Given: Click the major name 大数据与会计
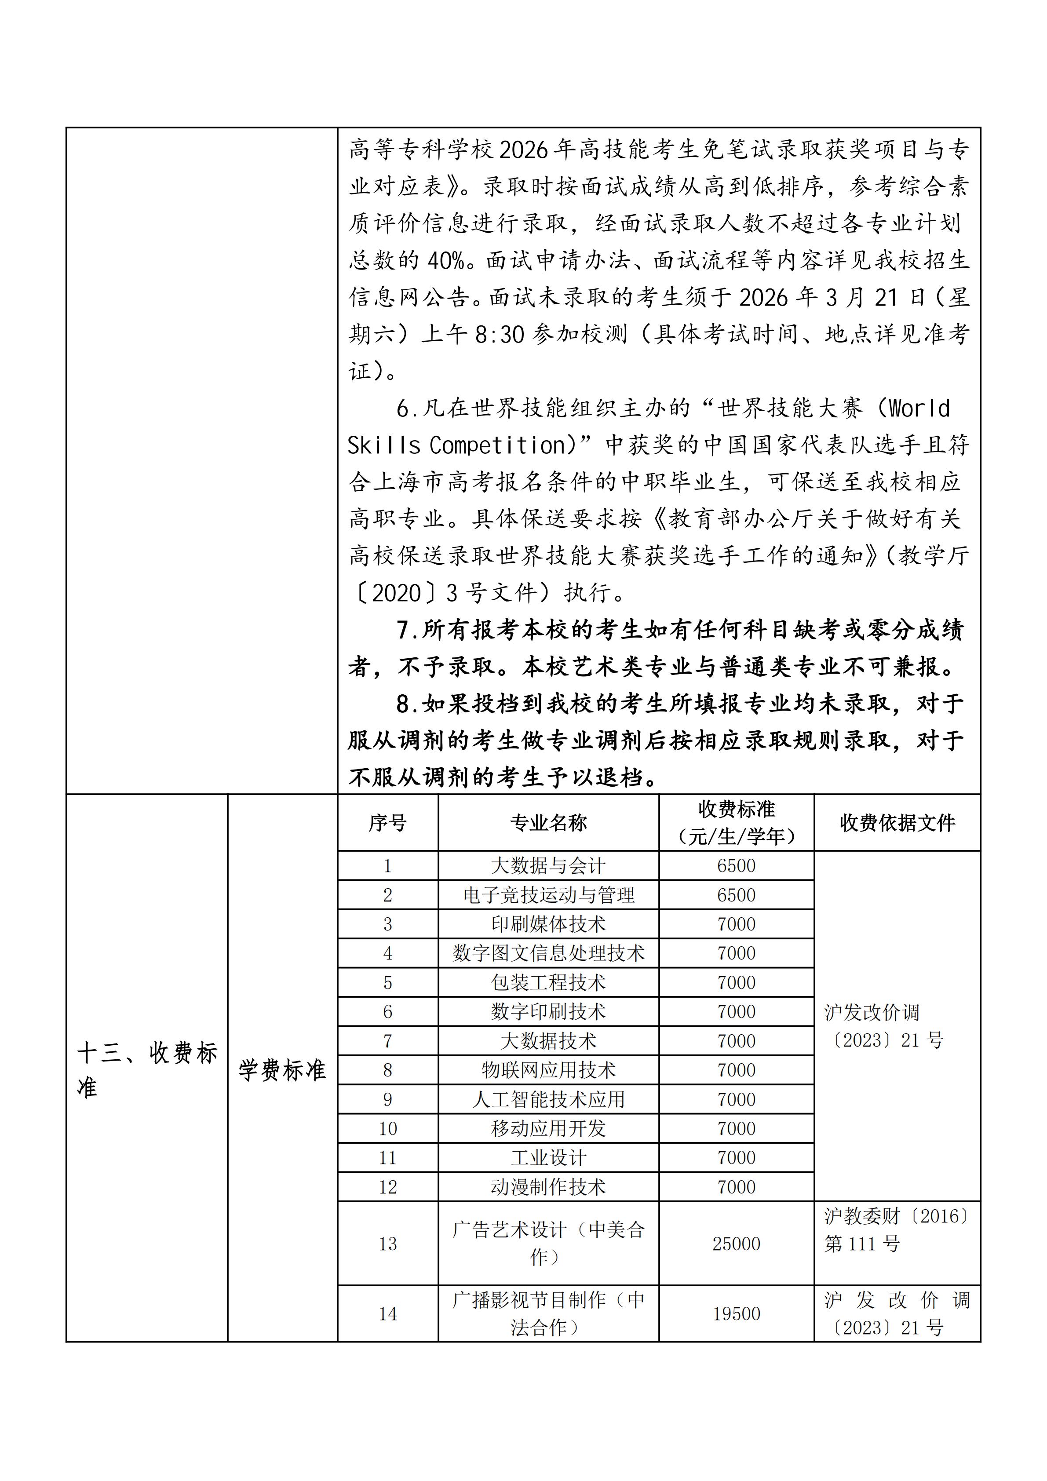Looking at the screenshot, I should click(x=548, y=866).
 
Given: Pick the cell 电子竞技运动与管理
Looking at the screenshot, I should click(x=548, y=895).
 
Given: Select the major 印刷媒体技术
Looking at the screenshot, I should click(x=548, y=924).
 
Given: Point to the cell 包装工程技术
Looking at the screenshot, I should click(x=548, y=982).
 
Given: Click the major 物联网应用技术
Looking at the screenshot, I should click(x=548, y=1070).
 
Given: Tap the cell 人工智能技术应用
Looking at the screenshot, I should click(x=548, y=1099).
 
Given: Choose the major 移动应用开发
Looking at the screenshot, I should click(x=548, y=1128).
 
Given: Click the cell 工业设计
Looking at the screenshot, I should click(x=548, y=1158).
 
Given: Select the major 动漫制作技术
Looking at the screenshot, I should click(x=548, y=1187).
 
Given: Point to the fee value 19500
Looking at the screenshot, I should click(x=736, y=1314).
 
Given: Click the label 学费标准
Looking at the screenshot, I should click(x=282, y=1071).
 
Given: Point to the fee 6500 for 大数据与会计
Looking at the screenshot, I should click(x=736, y=866).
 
